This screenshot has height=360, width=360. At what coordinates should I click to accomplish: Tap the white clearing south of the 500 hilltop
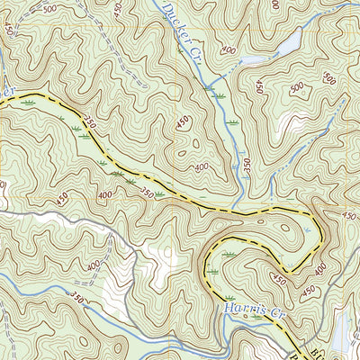290,122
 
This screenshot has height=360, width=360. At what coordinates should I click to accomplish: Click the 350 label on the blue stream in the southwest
77,300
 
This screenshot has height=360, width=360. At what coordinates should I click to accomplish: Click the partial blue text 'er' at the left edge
9,90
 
